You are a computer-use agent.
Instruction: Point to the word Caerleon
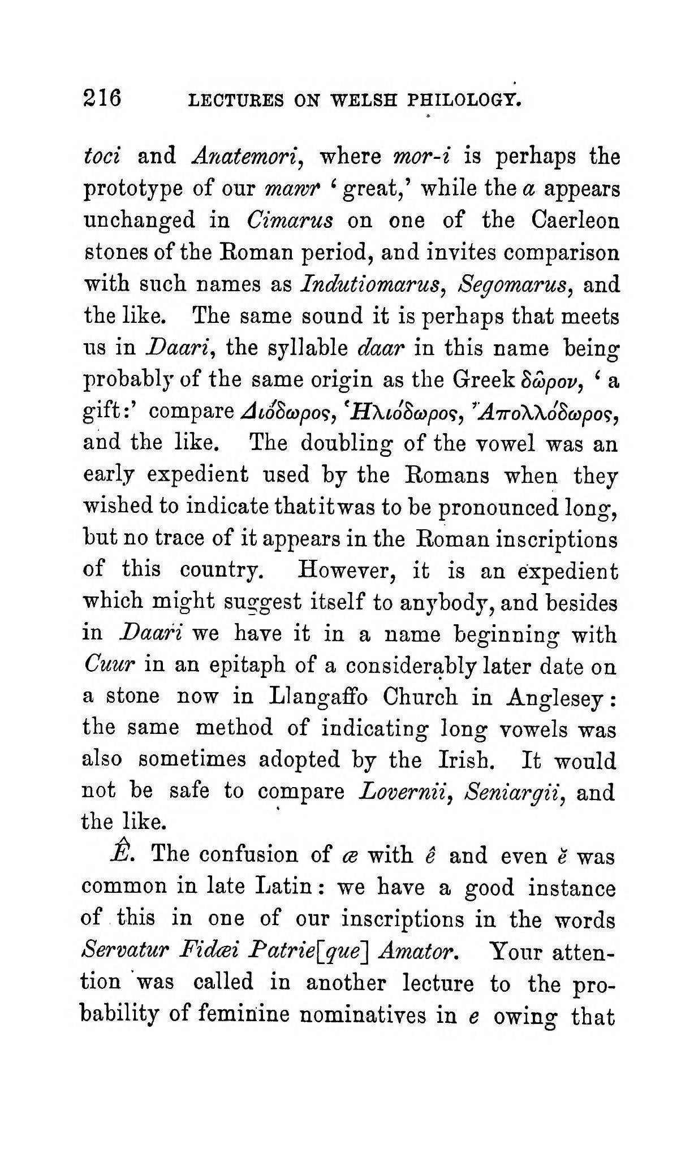(x=575, y=219)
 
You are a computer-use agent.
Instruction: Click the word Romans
(x=447, y=475)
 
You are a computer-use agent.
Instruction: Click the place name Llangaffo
(x=318, y=697)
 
